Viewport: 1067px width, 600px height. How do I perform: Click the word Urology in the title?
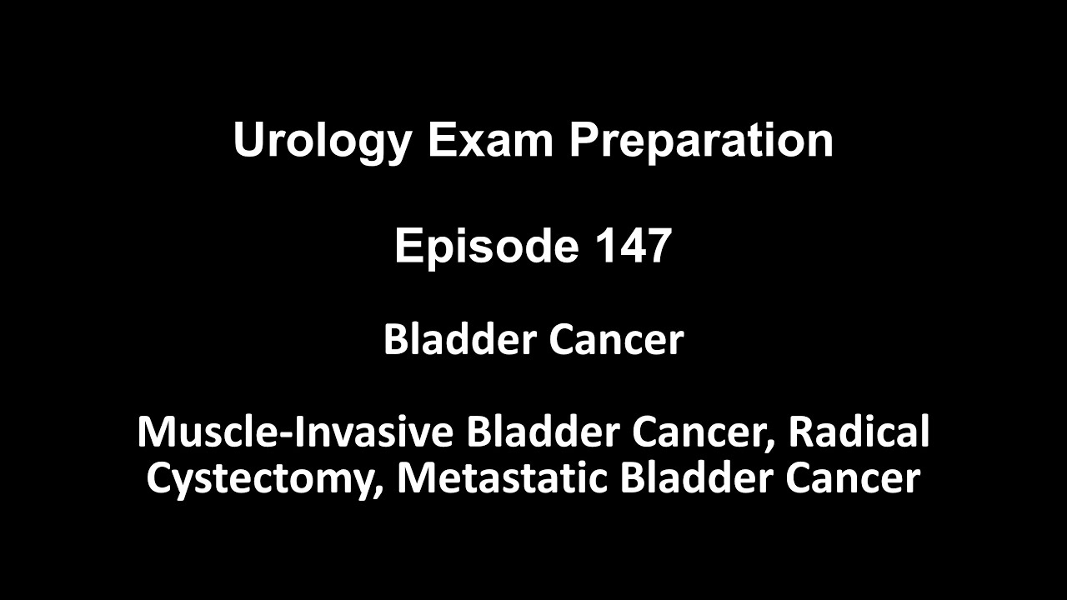click(x=322, y=141)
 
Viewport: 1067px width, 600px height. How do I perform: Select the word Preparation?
click(x=701, y=141)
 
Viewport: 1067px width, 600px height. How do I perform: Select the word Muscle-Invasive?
click(x=295, y=432)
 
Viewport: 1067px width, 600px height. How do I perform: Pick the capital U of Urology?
click(x=248, y=141)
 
